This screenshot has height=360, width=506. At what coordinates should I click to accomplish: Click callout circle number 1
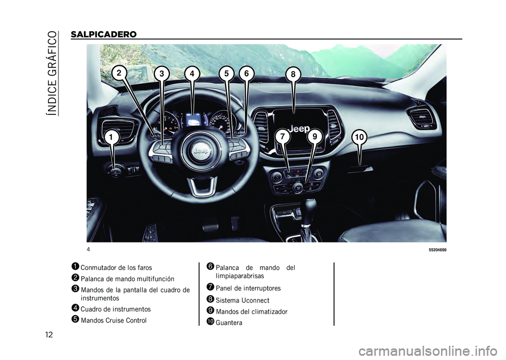tap(111, 138)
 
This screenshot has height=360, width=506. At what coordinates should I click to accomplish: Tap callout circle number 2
tap(119, 73)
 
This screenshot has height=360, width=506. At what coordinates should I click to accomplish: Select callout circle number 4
tap(192, 74)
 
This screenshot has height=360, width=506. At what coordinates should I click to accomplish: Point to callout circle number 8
tap(293, 74)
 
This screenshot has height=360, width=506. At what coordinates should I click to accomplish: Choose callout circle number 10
tap(359, 138)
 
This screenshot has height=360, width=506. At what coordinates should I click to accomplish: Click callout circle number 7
tap(283, 137)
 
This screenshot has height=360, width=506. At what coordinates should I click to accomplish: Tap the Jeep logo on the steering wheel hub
tap(201, 151)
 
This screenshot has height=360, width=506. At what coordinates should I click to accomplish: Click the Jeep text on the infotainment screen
tap(299, 129)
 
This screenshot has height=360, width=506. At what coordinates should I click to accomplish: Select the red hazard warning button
tap(298, 172)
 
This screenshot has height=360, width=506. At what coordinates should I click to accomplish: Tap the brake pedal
tap(211, 227)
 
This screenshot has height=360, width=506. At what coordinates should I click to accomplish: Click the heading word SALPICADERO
tap(104, 34)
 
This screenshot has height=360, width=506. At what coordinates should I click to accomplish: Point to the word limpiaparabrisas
tap(240, 276)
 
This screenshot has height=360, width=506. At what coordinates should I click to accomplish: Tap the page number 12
tap(48, 335)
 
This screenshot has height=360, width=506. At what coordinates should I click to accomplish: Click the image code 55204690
tap(437, 250)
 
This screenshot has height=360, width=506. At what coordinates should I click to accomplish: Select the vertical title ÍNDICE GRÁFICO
tap(53, 73)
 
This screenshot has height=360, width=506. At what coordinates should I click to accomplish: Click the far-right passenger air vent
tap(421, 118)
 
